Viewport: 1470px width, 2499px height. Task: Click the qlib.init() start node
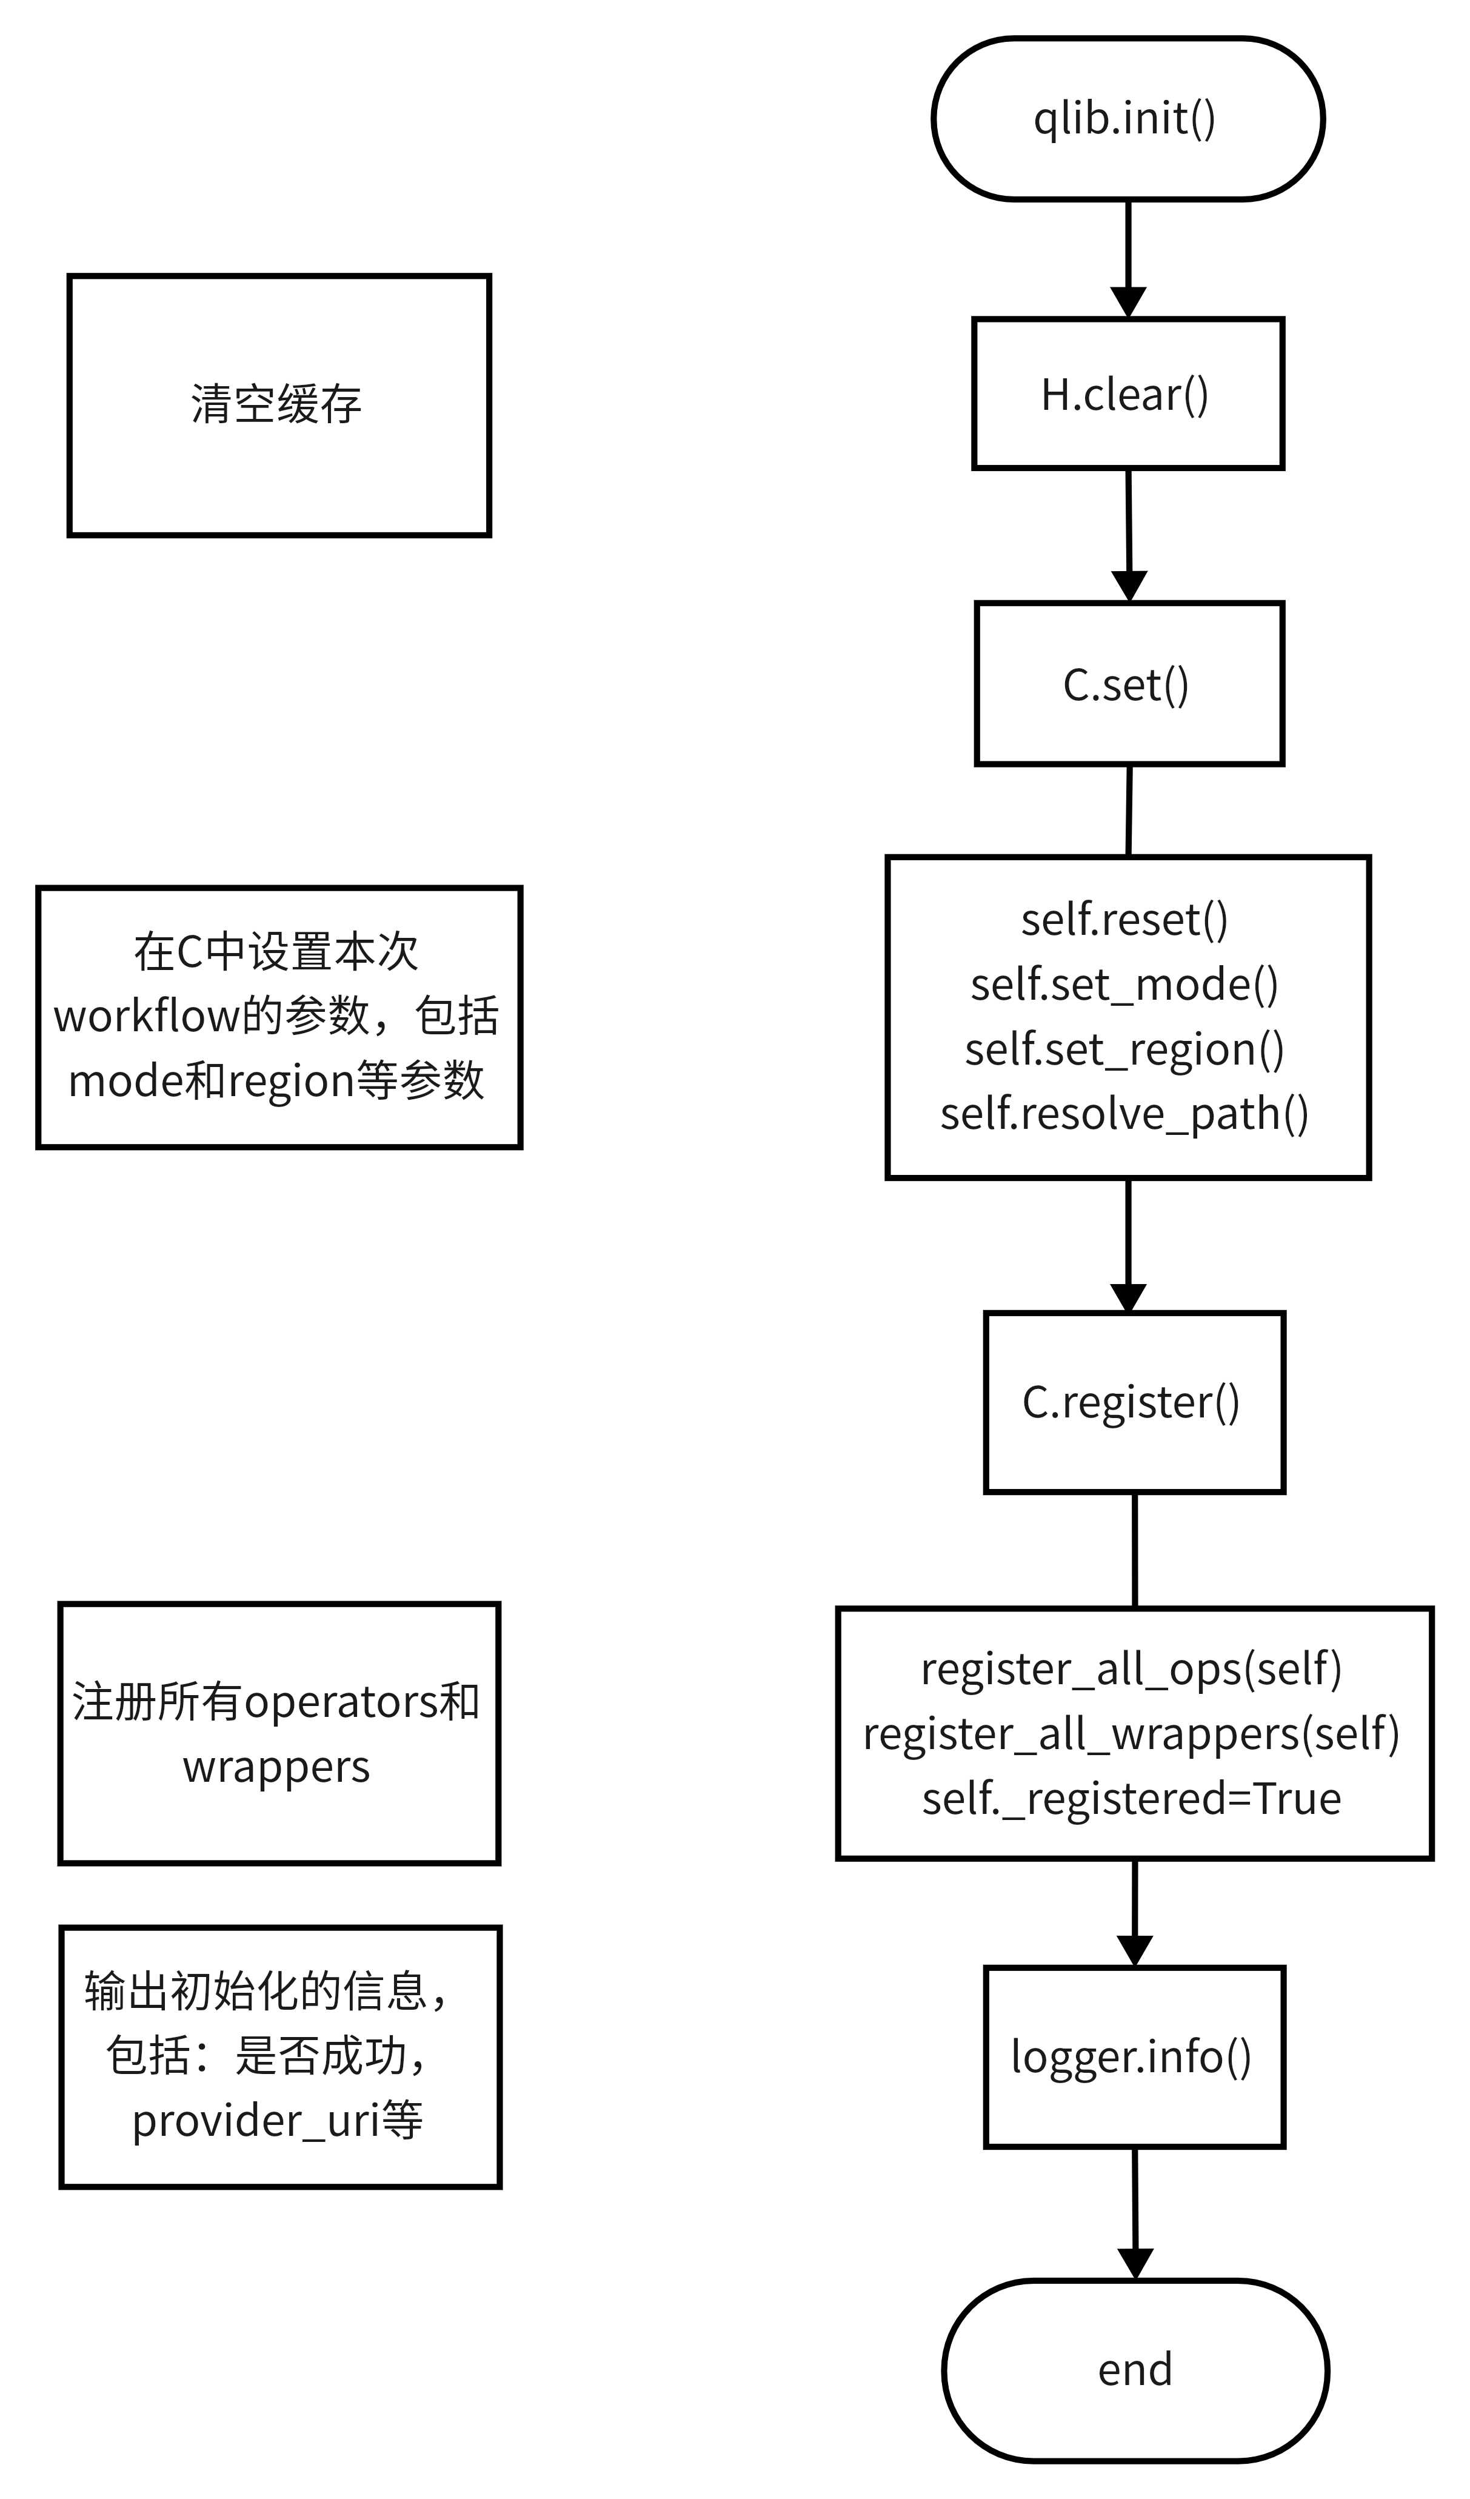tap(1127, 119)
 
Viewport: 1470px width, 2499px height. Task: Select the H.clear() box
tap(1127, 393)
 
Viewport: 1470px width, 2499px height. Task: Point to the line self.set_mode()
tap(1124, 984)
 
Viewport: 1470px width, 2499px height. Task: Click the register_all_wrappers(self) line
tap(1131, 1733)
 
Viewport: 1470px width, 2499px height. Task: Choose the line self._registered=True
tap(1131, 1798)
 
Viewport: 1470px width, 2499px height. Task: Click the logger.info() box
tap(1133, 2056)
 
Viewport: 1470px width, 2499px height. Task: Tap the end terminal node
tap(1134, 2369)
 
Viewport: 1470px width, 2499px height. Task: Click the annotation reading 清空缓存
tap(276, 404)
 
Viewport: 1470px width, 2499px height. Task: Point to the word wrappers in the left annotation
tap(276, 1766)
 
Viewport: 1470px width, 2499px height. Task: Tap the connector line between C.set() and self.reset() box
tap(1129, 810)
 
